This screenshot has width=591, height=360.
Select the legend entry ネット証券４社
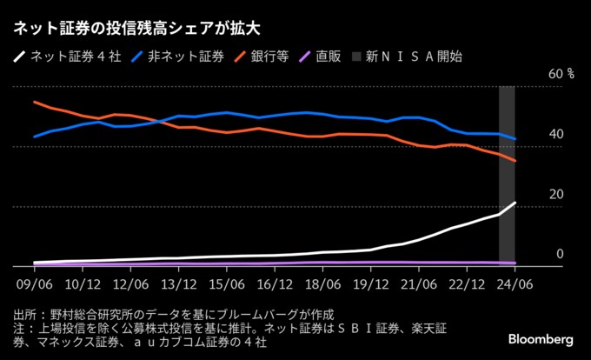coord(61,57)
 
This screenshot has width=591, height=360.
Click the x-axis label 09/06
coord(34,283)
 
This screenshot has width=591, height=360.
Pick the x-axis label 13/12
coord(178,283)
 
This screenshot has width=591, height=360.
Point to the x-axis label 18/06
coord(322,283)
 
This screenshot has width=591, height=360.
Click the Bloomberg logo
coord(541,337)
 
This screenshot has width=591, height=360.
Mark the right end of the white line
coord(515,203)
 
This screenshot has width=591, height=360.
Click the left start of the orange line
coord(34,102)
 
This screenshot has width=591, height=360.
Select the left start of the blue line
coord(34,137)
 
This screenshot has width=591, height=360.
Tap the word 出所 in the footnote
coord(25,314)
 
